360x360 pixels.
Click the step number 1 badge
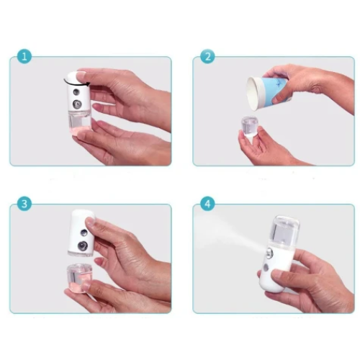coord(25,57)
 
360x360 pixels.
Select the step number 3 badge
coord(25,204)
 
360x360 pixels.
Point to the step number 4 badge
coord(208,204)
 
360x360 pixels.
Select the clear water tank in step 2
coord(249,129)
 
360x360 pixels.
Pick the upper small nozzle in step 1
coord(74,92)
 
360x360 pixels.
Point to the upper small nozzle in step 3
coord(84,234)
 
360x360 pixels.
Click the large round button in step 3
coord(86,247)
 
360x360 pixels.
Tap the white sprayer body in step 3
coord(81,230)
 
